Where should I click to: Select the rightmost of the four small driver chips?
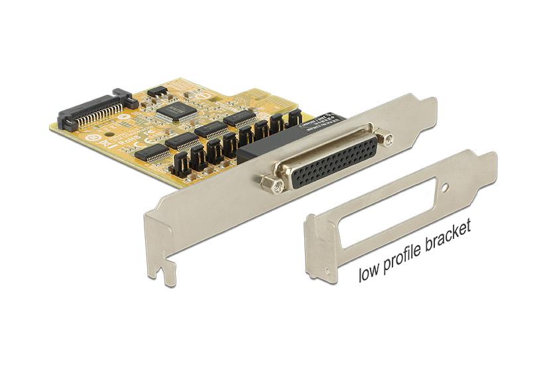239,118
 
